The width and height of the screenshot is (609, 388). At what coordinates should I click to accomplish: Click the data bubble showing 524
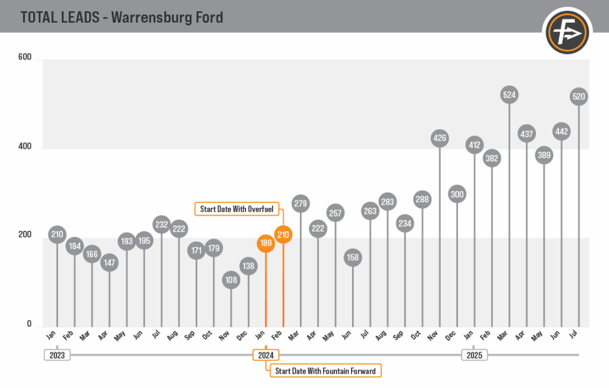pyautogui.click(x=510, y=94)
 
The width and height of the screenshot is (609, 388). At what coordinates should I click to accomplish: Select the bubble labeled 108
pyautogui.click(x=231, y=280)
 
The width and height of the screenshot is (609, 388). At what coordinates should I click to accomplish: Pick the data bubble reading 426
pyautogui.click(x=440, y=139)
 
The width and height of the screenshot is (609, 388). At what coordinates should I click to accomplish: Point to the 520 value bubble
pyautogui.click(x=578, y=96)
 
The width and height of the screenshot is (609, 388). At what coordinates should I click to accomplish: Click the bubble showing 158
pyautogui.click(x=353, y=258)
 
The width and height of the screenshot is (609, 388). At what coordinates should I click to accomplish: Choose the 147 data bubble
pyautogui.click(x=109, y=262)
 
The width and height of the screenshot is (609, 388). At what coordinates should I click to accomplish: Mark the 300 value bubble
pyautogui.click(x=457, y=194)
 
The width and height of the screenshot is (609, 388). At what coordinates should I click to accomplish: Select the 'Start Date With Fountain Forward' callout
pyautogui.click(x=325, y=371)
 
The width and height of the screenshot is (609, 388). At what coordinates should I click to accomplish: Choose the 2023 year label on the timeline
pyautogui.click(x=57, y=355)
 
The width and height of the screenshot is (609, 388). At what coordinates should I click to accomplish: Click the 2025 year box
pyautogui.click(x=475, y=355)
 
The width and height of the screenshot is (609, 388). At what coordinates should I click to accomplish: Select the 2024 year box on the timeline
pyautogui.click(x=265, y=355)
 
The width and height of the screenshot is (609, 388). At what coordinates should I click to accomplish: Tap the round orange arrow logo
pyautogui.click(x=567, y=30)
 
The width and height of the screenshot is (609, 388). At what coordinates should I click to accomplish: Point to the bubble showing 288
pyautogui.click(x=423, y=200)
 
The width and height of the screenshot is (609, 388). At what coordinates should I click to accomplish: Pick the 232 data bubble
pyautogui.click(x=162, y=224)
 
